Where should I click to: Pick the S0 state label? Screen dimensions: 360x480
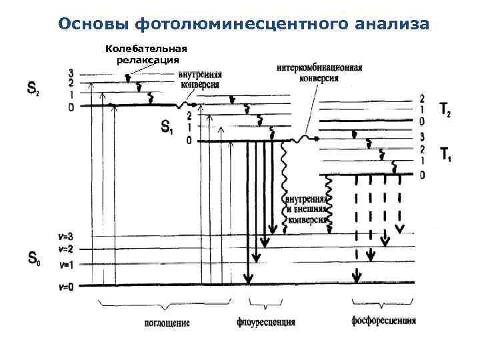point(33,258)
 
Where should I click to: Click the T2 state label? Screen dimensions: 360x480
point(445,109)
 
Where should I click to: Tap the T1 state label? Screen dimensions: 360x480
point(445,155)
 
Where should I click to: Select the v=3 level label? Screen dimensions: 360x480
point(65,237)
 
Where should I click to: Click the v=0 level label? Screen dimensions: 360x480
point(65,286)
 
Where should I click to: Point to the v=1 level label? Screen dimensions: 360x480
point(65,265)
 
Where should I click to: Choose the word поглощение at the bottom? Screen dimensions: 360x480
point(167,323)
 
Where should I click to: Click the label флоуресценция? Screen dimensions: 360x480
point(266,323)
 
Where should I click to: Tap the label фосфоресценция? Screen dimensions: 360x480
point(383,321)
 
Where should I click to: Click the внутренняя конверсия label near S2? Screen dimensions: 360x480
point(199,80)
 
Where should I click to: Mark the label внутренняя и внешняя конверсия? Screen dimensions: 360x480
point(305,209)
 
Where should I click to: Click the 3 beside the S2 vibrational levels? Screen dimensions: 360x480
point(71,73)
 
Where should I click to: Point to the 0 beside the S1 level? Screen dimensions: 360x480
point(189,141)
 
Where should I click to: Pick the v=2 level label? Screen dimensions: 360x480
point(65,249)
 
